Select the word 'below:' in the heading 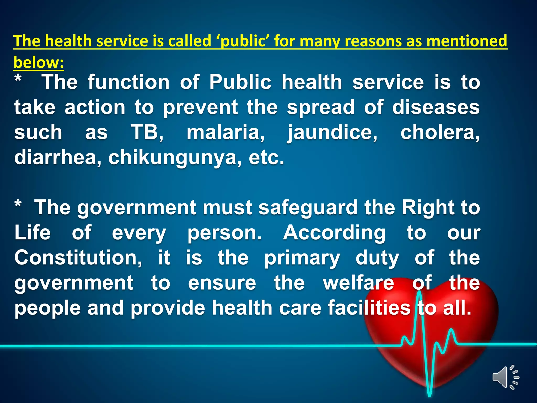(x=39, y=62)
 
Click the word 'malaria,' (x=225, y=132)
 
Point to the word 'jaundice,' (x=332, y=133)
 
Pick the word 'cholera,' (x=440, y=132)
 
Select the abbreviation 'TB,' (x=147, y=132)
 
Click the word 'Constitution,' (x=78, y=258)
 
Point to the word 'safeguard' (x=308, y=208)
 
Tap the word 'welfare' (x=358, y=283)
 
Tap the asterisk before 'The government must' (x=18, y=204)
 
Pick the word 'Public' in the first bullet (x=240, y=82)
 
